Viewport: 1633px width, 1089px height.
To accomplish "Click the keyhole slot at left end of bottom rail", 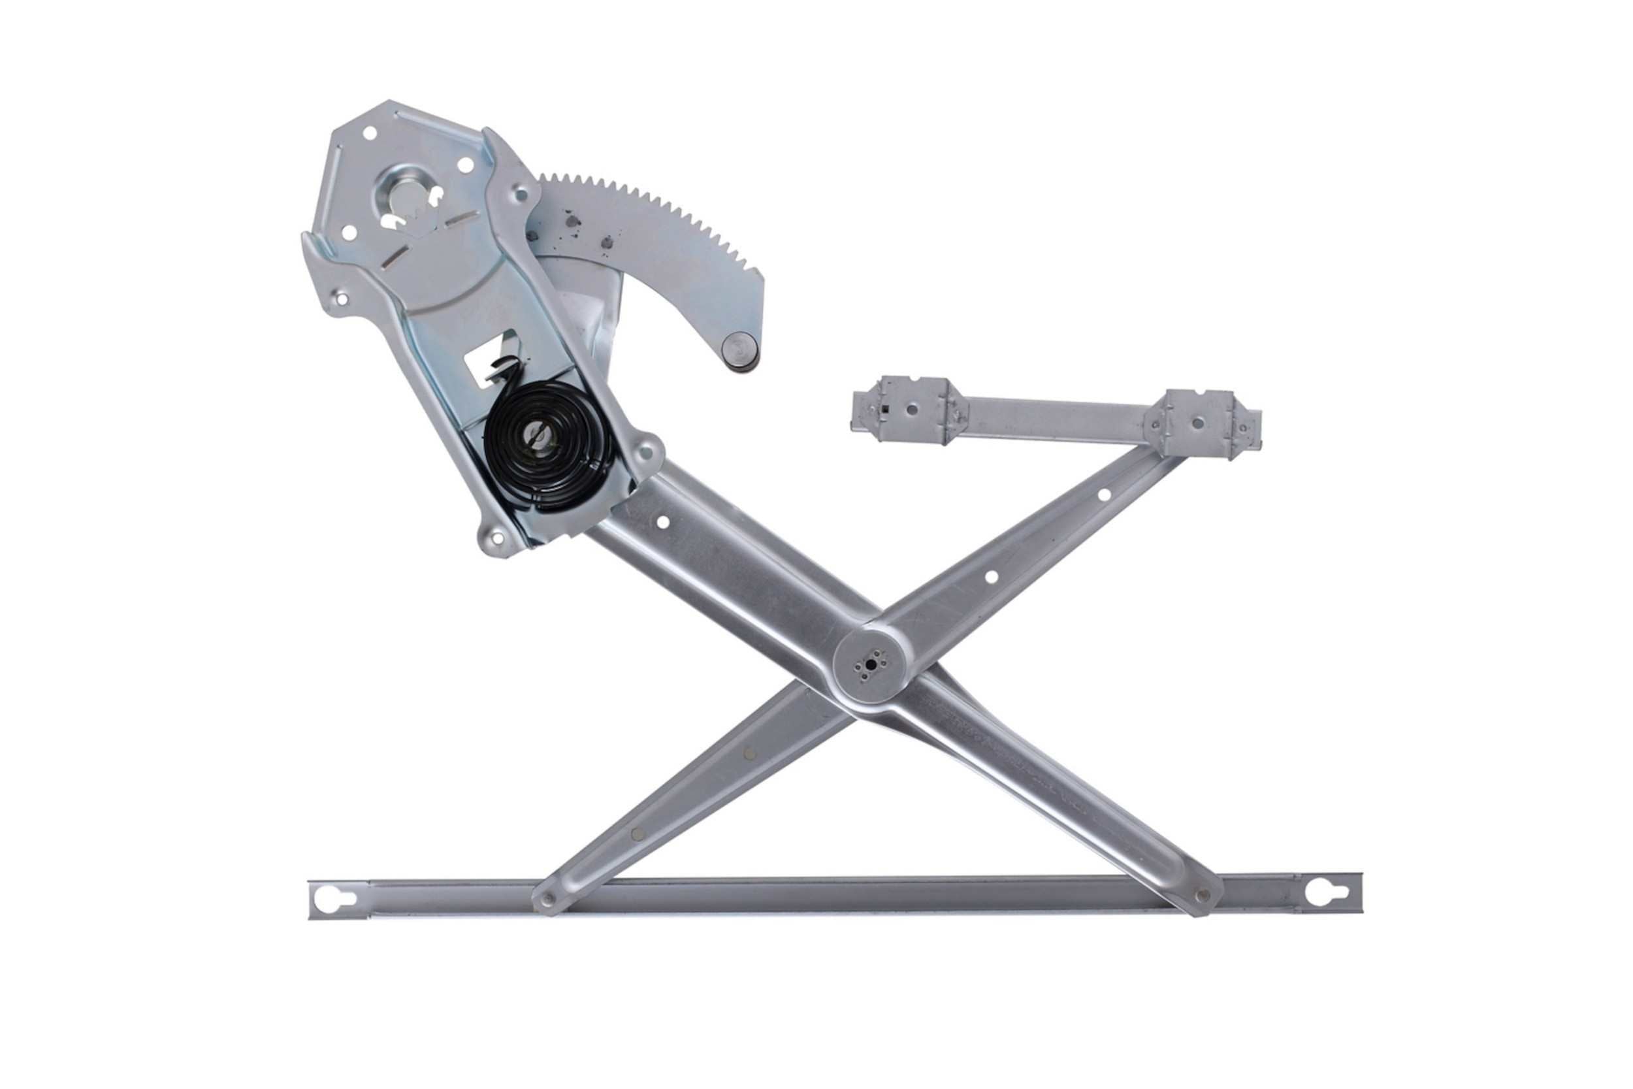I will pos(334,899).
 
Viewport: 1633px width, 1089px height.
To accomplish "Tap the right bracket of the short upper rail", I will pos(1195,422).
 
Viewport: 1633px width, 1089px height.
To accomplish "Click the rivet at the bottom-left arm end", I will pos(548,900).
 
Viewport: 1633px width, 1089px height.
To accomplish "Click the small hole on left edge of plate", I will pos(341,299).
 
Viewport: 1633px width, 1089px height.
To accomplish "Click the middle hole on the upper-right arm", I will pos(991,576).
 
